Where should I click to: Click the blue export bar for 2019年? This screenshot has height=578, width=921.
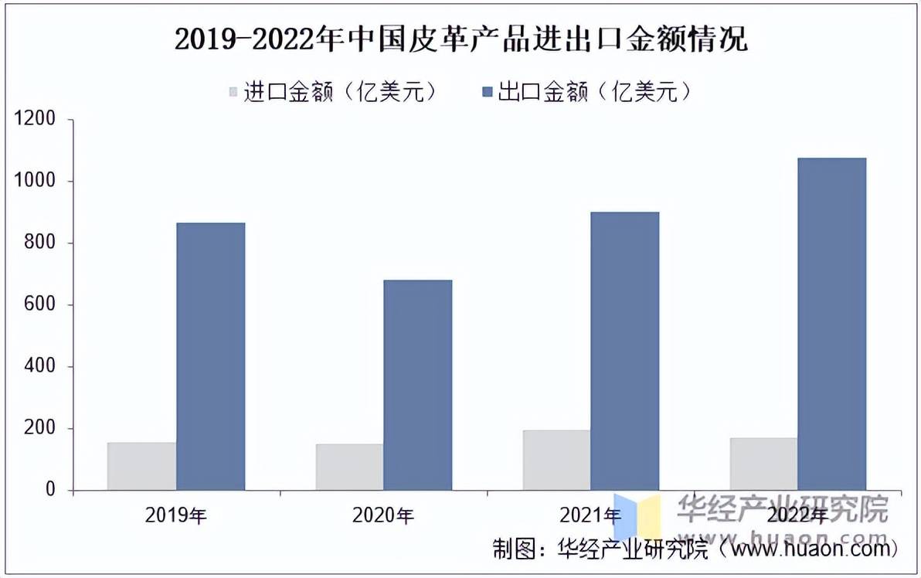click(210, 356)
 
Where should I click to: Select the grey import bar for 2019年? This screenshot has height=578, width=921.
click(141, 466)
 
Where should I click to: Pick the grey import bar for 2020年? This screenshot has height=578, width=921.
click(349, 467)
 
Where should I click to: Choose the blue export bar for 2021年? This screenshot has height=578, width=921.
click(624, 351)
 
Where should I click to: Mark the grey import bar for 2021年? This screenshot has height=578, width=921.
click(556, 460)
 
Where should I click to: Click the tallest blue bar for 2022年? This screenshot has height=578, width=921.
click(831, 324)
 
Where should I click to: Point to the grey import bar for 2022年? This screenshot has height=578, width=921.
click(763, 464)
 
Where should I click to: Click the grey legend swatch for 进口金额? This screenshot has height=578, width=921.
click(234, 93)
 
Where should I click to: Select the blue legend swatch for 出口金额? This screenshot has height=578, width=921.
click(487, 93)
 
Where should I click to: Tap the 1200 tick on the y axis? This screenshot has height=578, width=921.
click(36, 119)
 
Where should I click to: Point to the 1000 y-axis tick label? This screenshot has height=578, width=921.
click(36, 181)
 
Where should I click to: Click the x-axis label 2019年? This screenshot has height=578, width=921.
click(175, 515)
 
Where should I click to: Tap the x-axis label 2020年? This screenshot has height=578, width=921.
click(383, 515)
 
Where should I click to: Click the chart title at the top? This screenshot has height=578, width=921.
click(460, 39)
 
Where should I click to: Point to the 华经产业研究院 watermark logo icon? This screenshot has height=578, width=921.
click(637, 513)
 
